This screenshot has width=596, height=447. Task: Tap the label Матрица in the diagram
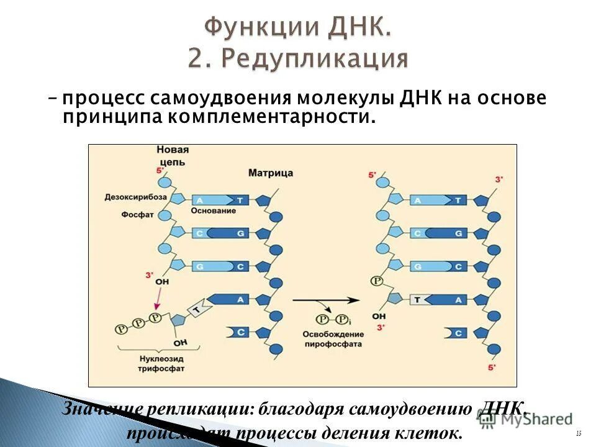270,173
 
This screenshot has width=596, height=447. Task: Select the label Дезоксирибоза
136,196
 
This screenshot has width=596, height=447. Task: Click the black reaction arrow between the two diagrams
326,300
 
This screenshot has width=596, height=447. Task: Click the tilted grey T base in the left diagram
198,309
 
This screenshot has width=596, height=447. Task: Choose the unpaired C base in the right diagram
456,333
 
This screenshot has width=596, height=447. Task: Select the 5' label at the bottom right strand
493,368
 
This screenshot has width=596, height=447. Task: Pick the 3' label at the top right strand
499,179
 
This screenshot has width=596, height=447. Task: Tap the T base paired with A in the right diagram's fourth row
418,300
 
